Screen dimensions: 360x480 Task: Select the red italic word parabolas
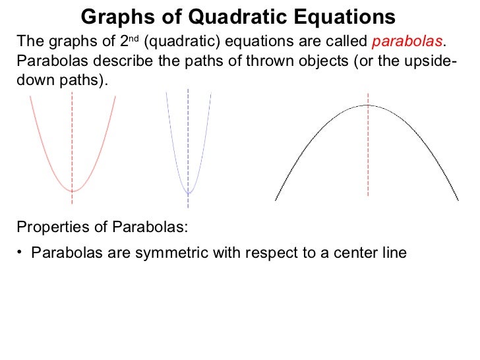point(407,42)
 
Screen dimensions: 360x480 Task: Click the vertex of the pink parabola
point(73,191)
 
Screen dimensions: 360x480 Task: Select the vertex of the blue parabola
point(189,193)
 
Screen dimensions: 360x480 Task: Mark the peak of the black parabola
point(367,105)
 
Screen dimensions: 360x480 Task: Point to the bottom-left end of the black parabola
point(276,200)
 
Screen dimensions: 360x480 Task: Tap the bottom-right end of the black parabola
point(458,200)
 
